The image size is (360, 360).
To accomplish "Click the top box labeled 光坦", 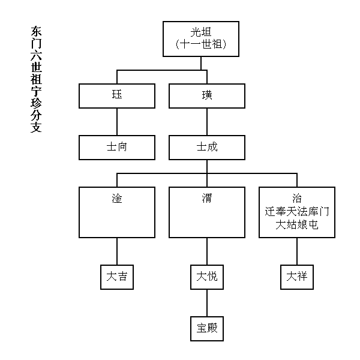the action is (201, 39).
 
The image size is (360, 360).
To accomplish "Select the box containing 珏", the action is (117, 96).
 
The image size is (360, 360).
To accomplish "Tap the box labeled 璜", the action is (207, 96).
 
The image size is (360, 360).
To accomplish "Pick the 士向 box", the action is (117, 148).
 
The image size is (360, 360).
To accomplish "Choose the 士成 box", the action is (207, 148).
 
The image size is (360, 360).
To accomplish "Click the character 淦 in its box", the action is (117, 198).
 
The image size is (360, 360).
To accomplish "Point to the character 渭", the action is (207, 198).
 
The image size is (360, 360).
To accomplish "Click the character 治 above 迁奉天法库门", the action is (297, 198).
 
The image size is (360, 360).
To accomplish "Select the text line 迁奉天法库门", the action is (297, 211).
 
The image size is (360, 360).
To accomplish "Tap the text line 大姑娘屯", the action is (297, 224).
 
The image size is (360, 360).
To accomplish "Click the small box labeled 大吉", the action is (117, 277).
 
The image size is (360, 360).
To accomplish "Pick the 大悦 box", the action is (207, 277).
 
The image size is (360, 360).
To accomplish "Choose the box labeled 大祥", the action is (297, 277).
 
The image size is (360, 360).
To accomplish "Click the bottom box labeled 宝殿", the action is (207, 329).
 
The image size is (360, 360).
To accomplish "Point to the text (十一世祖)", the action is (201, 44).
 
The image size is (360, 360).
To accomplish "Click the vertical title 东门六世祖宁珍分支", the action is (36, 79).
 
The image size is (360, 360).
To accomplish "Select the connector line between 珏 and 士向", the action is (117, 122).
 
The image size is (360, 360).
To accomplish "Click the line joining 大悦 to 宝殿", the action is (207, 303).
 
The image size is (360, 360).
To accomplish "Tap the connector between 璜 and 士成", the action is (207, 122).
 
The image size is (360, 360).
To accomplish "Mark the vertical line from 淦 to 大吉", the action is (117, 251).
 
